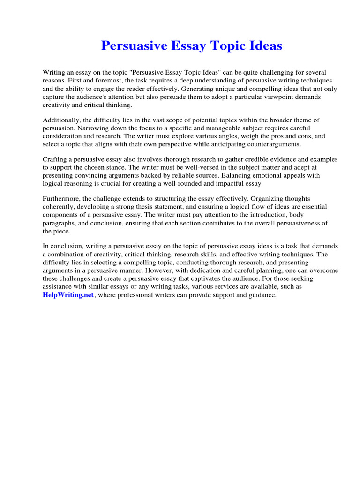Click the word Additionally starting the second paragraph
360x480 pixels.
tap(61, 120)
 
